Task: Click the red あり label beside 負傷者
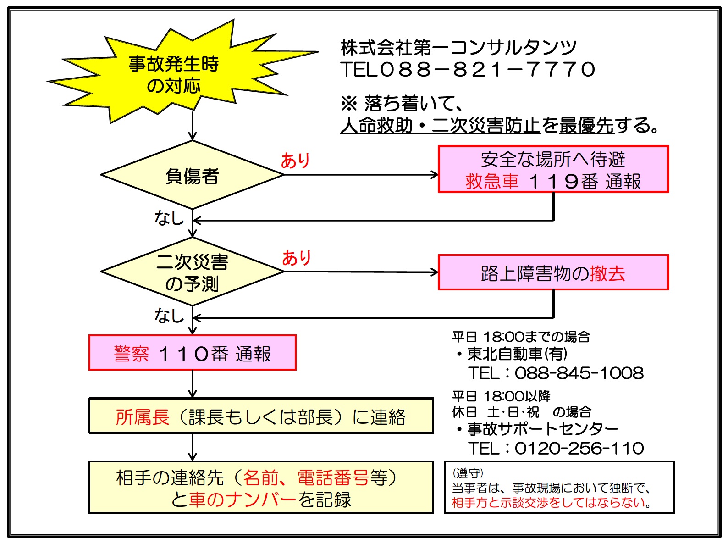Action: click(295, 161)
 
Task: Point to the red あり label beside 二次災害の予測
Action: click(296, 258)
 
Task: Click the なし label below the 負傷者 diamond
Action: click(169, 218)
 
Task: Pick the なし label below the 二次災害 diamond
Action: click(169, 316)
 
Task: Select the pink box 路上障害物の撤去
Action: click(553, 273)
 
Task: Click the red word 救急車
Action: click(492, 182)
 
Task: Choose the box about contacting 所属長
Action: click(261, 416)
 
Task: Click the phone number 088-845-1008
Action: click(579, 373)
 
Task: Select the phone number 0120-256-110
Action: click(579, 448)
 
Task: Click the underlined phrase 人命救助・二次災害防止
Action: click(440, 126)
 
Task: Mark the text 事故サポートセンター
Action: click(543, 429)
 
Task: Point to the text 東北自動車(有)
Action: click(517, 354)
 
